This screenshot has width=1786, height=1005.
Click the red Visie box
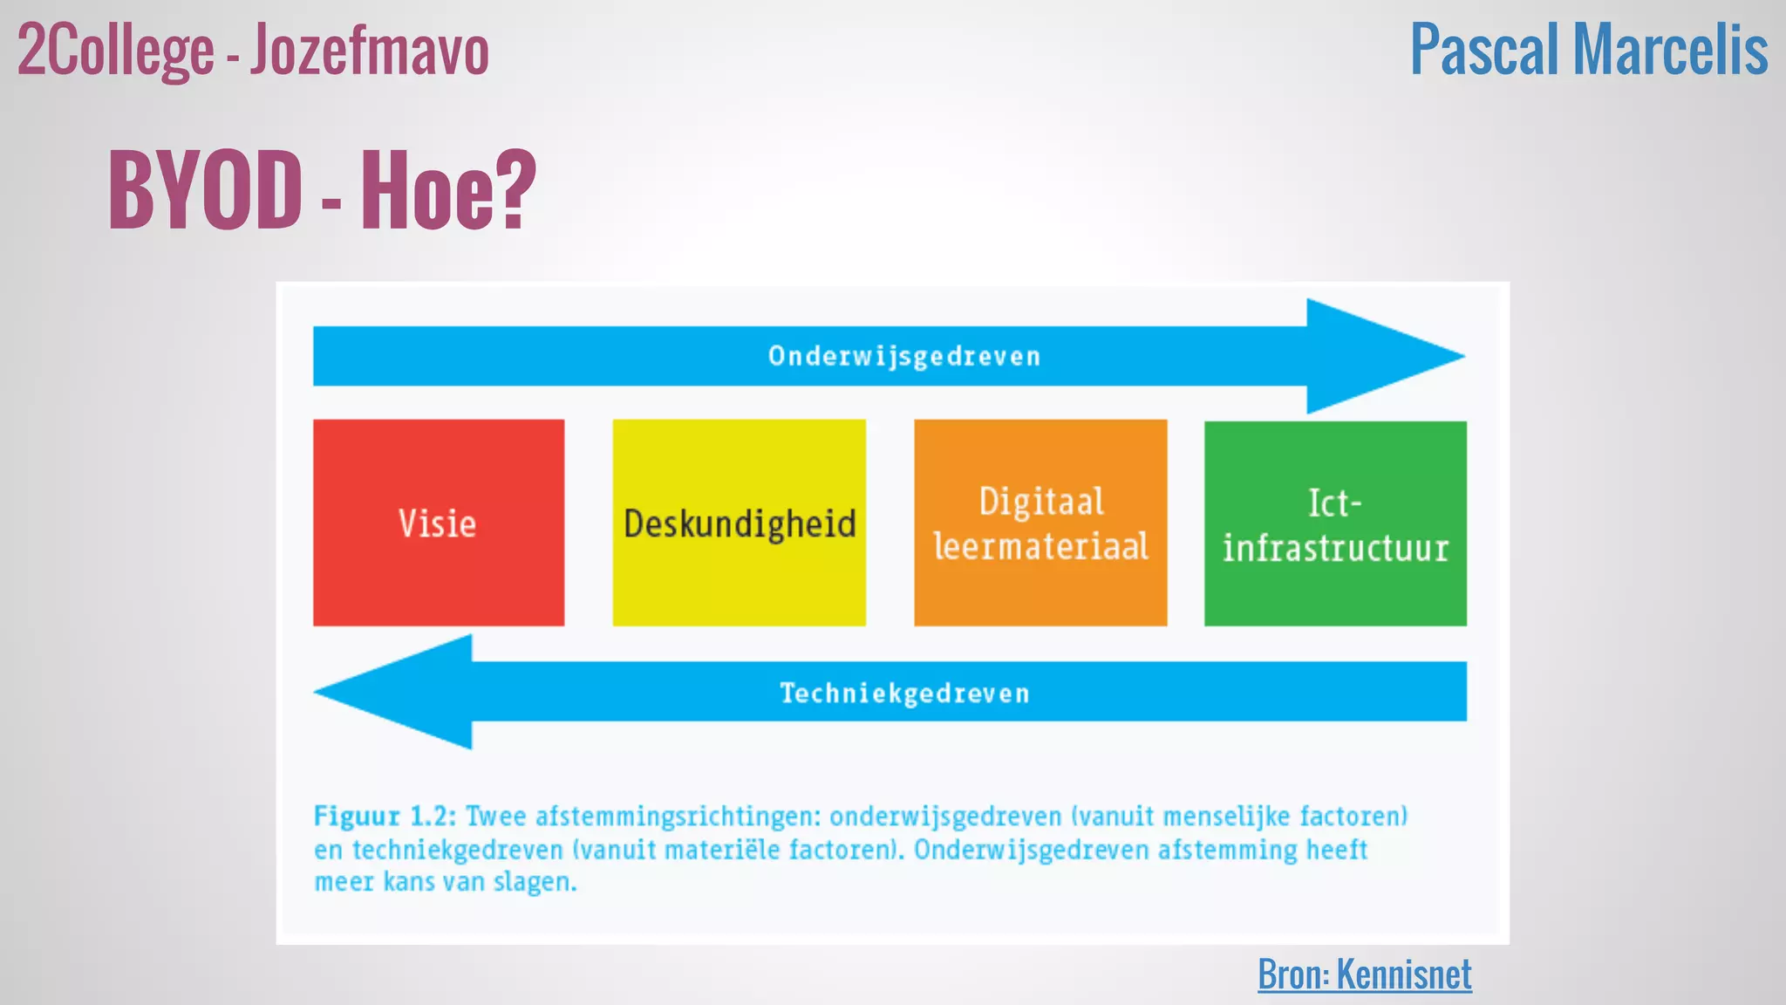pyautogui.click(x=438, y=523)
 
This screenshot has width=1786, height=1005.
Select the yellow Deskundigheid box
pyautogui.click(x=739, y=523)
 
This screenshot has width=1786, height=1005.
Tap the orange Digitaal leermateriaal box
pyautogui.click(x=1040, y=523)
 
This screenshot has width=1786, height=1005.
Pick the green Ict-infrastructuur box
pyautogui.click(x=1335, y=523)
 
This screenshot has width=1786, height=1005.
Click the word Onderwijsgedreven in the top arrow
pyautogui.click(x=904, y=356)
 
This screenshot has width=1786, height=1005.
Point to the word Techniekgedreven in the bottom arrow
pyautogui.click(x=904, y=694)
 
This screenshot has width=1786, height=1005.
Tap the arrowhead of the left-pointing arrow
pyautogui.click(x=397, y=692)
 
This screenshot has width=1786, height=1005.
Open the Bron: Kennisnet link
pyautogui.click(x=1364, y=974)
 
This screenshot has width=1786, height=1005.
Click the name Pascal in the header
pyautogui.click(x=1484, y=51)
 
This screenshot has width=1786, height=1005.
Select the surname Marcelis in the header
pyautogui.click(x=1670, y=51)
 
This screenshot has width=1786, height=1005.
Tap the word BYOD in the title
pyautogui.click(x=205, y=189)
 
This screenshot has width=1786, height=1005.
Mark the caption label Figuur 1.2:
pyautogui.click(x=385, y=817)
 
